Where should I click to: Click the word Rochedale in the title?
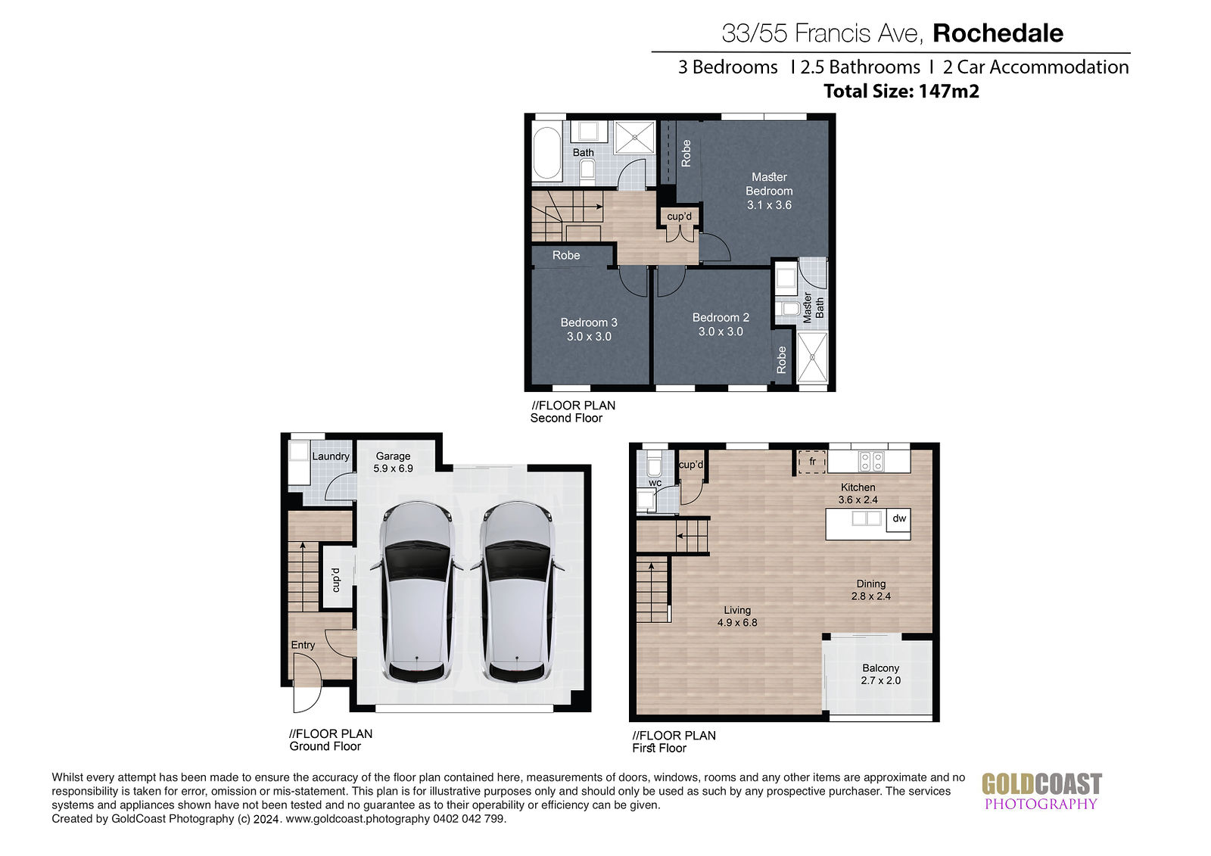coord(998,33)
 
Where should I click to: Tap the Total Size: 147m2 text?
coord(901,91)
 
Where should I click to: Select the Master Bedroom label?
coord(769,184)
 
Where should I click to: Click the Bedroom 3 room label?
coord(589,322)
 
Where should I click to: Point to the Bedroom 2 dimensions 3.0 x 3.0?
coord(721,332)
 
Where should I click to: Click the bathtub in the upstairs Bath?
coord(546,153)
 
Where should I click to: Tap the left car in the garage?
coord(417,591)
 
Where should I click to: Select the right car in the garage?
coord(518,591)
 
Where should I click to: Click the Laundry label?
coord(330,456)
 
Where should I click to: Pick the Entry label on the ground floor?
coord(303,645)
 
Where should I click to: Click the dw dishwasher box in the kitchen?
coord(898,520)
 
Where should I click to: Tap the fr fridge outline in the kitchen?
coord(812,462)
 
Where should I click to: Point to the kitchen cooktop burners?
coord(871,461)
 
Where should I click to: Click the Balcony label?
coord(881,668)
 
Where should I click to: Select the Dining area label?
coord(871,584)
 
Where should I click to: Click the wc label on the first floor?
coord(655,483)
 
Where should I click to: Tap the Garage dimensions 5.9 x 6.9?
coord(393,468)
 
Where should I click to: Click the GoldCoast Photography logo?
coord(1041,791)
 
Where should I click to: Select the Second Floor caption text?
coord(566,418)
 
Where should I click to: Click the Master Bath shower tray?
coord(813,357)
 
